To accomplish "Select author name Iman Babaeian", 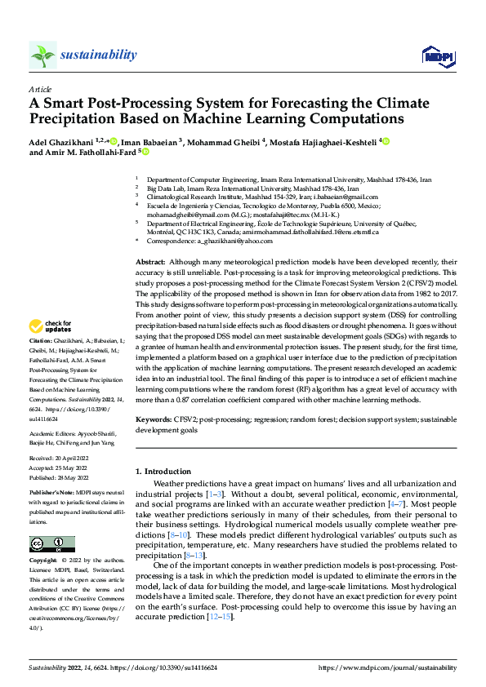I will tap(145, 140).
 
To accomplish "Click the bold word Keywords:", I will tap(153, 419).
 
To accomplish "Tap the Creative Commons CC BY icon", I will tap(51, 544).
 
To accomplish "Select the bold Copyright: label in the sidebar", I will tap(43, 561).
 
